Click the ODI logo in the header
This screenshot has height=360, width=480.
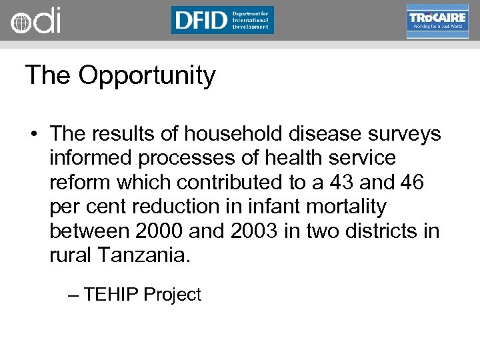(x=35, y=21)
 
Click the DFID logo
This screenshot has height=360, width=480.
(x=222, y=20)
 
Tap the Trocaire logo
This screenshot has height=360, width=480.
(x=437, y=21)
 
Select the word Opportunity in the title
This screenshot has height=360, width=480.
(x=147, y=76)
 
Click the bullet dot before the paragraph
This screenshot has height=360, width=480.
(x=33, y=135)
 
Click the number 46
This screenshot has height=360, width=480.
(x=411, y=182)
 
